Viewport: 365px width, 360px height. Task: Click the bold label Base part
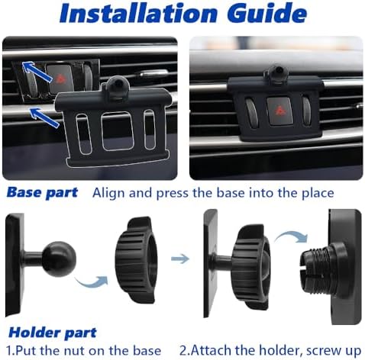[x=41, y=192]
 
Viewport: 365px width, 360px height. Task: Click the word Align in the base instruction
[x=108, y=192]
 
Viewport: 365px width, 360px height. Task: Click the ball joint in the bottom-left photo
[x=55, y=259]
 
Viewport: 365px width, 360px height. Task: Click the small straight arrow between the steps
[x=180, y=260]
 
